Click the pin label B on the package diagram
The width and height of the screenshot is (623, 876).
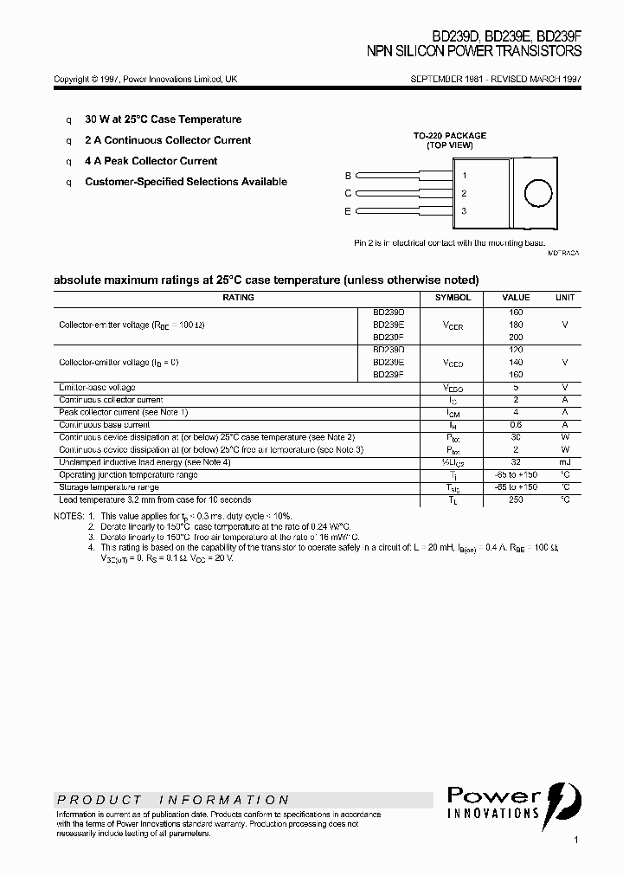coord(348,176)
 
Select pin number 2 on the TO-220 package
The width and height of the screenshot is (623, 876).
coord(464,194)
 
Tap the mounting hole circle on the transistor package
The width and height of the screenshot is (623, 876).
coord(539,193)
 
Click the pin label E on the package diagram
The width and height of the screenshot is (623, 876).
coord(348,211)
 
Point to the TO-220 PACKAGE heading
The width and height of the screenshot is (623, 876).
coord(450,136)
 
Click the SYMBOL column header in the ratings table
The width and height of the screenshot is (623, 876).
coord(453,297)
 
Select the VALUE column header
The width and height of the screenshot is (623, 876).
coord(516,297)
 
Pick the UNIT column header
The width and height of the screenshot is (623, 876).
coord(565,297)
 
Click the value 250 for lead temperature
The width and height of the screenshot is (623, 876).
coord(516,499)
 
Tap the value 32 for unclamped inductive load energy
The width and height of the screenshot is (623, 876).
coord(516,462)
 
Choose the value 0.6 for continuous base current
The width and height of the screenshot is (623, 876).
coord(516,425)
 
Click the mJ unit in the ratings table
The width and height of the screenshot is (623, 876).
coord(565,462)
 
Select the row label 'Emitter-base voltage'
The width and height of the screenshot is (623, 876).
coord(97,387)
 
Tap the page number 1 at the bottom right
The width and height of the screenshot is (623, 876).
coord(575,840)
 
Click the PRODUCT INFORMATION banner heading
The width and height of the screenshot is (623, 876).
coord(173,800)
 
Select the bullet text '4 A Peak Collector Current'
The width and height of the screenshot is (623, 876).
coord(151,161)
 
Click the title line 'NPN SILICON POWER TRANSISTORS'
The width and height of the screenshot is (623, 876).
coord(474,52)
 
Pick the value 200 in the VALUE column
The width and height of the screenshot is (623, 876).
coord(516,337)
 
